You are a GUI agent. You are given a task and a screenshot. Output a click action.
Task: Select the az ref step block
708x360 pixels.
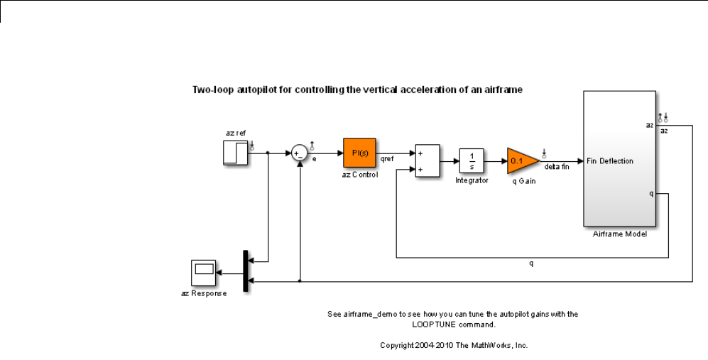[236, 153]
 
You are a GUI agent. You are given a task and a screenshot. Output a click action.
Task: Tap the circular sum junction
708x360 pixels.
[300, 153]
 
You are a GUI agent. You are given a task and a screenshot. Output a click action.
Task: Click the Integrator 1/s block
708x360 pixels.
[472, 161]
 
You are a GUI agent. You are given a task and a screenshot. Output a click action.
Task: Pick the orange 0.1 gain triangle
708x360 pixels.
[521, 161]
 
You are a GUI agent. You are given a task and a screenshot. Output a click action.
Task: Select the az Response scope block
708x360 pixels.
[205, 273]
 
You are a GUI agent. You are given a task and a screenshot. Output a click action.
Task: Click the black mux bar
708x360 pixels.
[246, 271]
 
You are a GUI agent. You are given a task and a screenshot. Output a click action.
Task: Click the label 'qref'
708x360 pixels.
[387, 159]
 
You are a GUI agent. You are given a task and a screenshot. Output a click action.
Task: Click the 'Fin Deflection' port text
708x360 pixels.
[610, 160]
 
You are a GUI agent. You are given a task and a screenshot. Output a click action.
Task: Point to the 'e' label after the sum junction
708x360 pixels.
[314, 159]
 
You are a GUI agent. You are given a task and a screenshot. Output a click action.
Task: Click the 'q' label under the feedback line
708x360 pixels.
[530, 263]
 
